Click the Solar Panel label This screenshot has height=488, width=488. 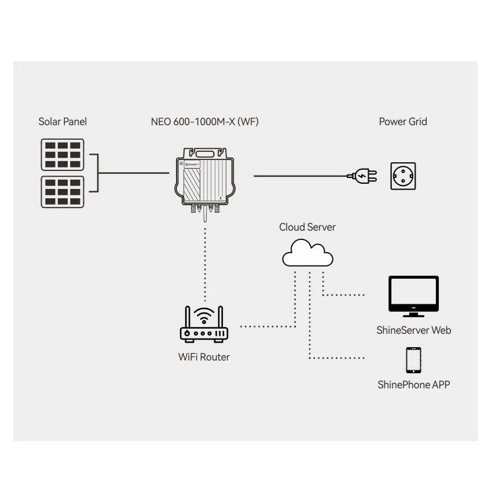(x=63, y=122)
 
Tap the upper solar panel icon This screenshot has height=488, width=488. (x=63, y=155)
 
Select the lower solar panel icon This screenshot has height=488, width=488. (x=63, y=192)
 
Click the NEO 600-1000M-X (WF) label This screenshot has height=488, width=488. (x=204, y=122)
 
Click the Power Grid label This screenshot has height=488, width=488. (x=403, y=122)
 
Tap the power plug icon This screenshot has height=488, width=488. (x=362, y=176)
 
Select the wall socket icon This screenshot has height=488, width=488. (x=403, y=176)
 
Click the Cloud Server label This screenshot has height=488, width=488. (x=307, y=227)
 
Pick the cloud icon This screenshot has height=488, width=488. (x=307, y=253)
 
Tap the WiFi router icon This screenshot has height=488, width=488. (x=204, y=325)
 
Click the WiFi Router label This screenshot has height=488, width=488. (x=204, y=357)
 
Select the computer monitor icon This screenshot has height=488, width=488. (x=414, y=296)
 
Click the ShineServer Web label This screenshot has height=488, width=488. (x=414, y=330)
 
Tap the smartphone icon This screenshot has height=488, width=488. (x=414, y=360)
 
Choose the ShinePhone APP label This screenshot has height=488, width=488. (x=414, y=384)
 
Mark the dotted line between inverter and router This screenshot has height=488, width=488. (x=205, y=264)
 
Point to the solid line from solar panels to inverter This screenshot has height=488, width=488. (x=134, y=173)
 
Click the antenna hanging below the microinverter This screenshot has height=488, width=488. (x=205, y=213)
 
